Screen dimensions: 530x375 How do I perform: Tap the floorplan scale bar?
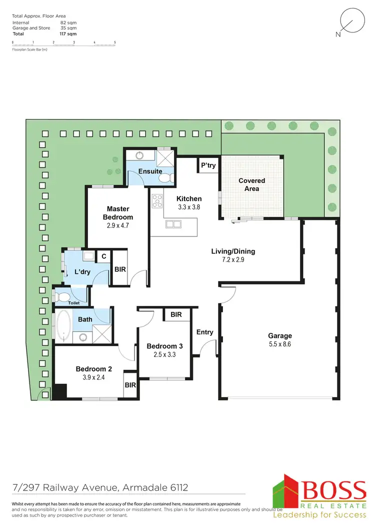[63, 45]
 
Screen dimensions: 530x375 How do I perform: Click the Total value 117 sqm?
[68, 34]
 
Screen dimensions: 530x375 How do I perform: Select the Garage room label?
[279, 336]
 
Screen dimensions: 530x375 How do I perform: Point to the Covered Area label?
[251, 184]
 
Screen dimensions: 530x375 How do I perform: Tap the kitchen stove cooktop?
[157, 200]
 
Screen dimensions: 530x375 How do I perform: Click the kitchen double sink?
[174, 224]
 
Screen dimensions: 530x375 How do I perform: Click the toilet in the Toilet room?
[62, 296]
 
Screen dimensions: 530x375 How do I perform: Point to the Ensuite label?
[150, 171]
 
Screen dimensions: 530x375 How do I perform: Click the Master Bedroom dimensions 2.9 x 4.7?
[118, 225]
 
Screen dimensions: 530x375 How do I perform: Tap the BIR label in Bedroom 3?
[176, 314]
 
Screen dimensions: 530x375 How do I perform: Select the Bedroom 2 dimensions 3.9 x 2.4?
[93, 377]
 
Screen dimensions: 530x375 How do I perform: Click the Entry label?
[204, 332]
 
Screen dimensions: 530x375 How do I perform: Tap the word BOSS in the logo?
[332, 490]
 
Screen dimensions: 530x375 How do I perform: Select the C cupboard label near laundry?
[103, 256]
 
